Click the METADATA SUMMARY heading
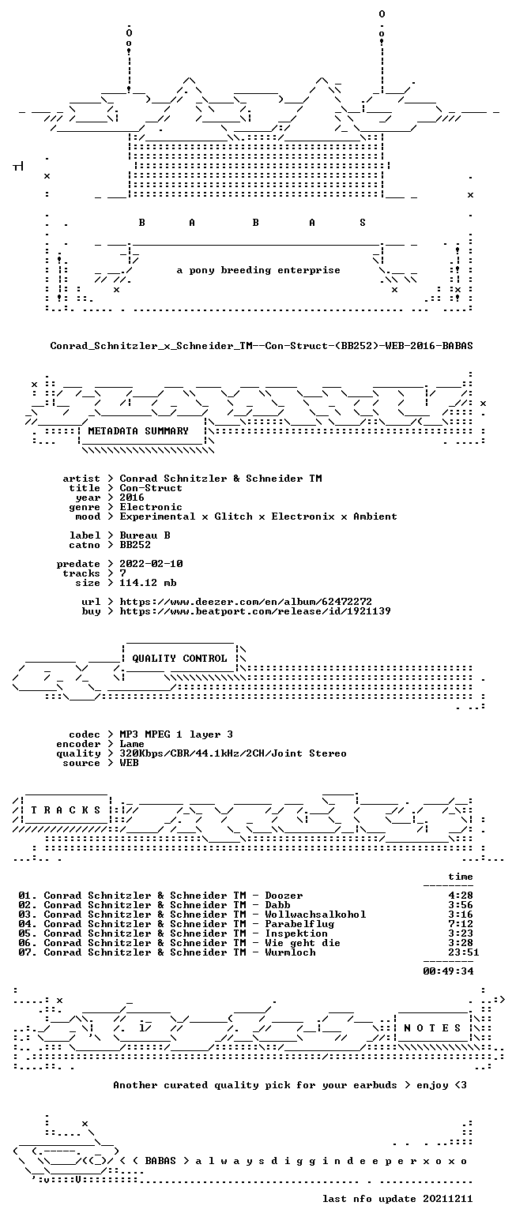138,431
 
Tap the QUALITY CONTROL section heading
179,659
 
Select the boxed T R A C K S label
66,810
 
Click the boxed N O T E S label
432,1028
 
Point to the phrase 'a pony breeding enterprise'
258,270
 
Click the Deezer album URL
246,602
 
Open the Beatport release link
255,611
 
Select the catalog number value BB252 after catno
135,545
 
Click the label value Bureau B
145,535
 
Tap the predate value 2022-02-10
151,564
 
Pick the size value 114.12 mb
148,583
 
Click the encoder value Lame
132,744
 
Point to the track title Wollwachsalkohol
315,915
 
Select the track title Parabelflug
299,924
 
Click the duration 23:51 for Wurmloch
463,952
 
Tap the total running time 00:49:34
448,971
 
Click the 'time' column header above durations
461,877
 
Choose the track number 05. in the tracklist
28,933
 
